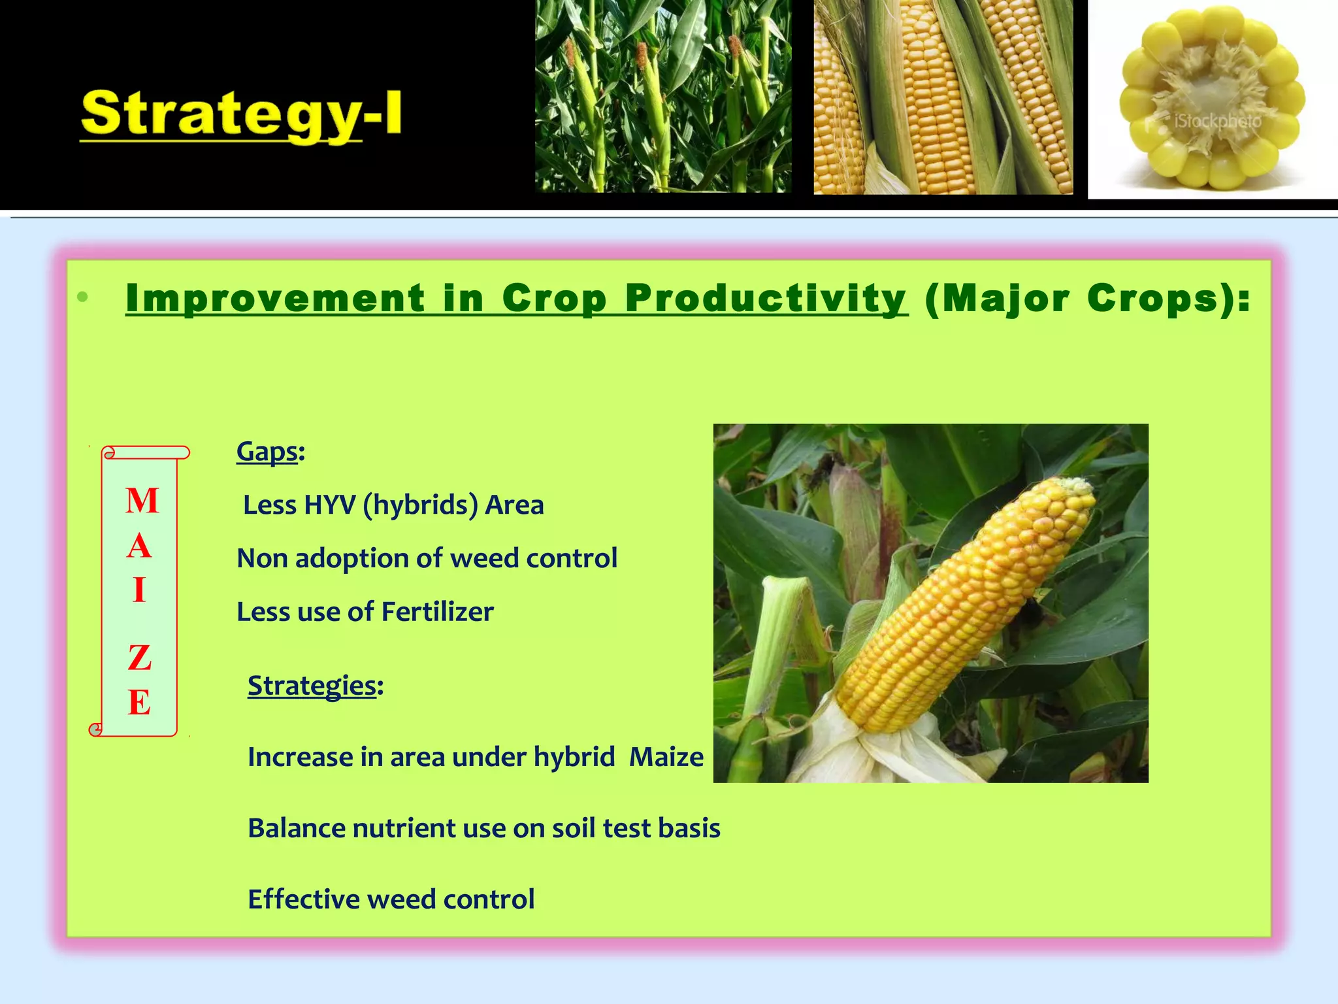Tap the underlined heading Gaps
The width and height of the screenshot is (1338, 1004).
[267, 452]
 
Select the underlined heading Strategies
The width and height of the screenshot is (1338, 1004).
[312, 686]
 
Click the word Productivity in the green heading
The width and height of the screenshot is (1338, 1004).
[766, 299]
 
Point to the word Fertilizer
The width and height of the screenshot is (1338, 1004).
[437, 612]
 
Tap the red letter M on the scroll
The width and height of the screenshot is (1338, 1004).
[142, 501]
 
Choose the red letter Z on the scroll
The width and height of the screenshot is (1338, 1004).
[140, 658]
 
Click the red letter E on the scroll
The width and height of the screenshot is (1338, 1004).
[139, 703]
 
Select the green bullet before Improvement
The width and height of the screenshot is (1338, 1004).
[82, 298]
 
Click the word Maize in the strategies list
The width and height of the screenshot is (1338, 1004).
[666, 758]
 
